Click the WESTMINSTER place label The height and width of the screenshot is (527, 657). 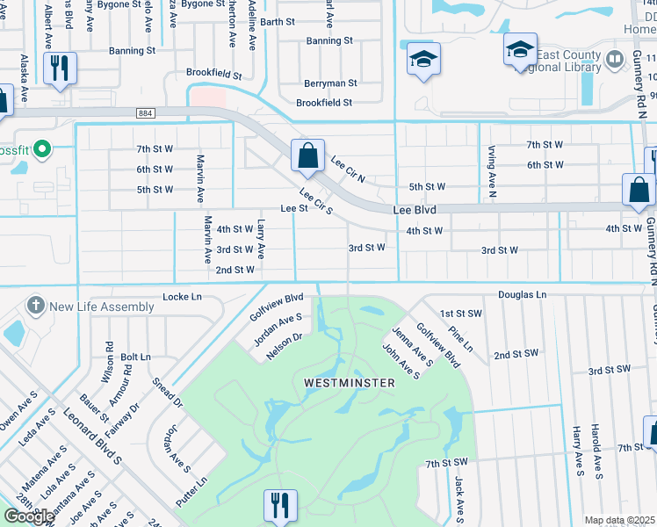349,383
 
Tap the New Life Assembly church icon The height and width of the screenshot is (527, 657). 36,306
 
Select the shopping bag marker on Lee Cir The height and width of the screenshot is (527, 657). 308,156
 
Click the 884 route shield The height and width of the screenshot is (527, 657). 146,112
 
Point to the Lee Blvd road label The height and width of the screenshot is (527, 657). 415,211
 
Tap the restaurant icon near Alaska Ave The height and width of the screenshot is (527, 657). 60,69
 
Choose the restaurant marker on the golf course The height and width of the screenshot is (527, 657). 280,505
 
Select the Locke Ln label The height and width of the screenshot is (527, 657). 182,298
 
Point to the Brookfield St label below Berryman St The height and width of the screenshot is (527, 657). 323,103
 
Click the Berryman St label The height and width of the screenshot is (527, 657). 330,83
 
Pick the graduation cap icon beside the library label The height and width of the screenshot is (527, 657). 520,50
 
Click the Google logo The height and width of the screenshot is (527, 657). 29,516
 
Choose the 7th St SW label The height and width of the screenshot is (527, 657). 447,463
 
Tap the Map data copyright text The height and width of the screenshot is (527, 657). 620,520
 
